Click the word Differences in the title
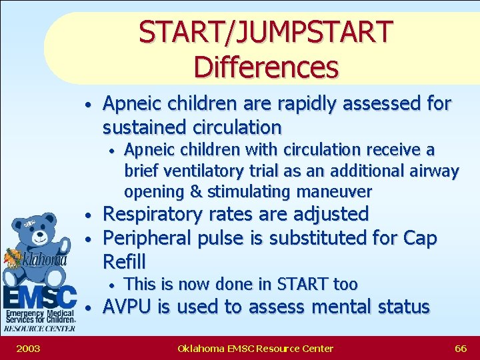tap(265, 67)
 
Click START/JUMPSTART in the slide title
tap(265, 32)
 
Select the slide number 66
tap(461, 348)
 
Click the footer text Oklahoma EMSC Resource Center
tap(255, 348)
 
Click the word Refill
tap(124, 261)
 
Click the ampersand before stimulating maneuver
tap(196, 192)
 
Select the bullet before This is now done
tap(113, 285)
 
